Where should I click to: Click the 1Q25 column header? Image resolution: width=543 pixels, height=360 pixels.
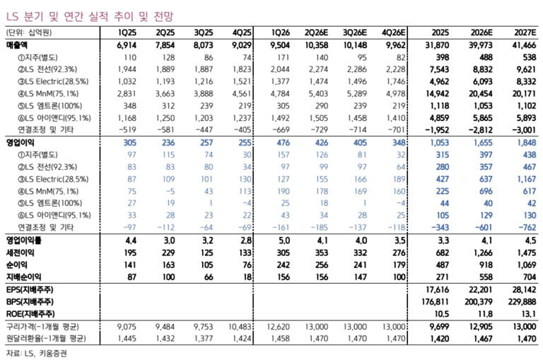tap(127, 33)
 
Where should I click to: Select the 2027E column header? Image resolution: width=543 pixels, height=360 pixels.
tap(525, 33)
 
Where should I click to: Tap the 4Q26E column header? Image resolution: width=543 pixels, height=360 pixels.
tap(393, 33)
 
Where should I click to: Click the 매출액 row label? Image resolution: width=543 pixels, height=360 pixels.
tap(17, 45)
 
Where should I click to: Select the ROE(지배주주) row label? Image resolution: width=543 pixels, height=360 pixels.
tap(30, 314)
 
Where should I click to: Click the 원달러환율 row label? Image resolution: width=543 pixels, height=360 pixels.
tap(46, 338)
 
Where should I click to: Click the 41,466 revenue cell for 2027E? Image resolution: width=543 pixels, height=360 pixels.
tap(525, 45)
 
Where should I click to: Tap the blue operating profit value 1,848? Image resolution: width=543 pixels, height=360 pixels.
tap(526, 142)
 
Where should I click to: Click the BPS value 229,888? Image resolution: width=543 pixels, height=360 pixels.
tap(522, 302)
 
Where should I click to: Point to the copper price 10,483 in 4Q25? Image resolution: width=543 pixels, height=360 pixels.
tap(240, 326)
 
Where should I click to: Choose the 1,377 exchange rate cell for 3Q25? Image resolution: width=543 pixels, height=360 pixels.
tap(204, 338)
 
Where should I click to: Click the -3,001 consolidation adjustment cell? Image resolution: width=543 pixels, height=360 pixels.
tap(525, 130)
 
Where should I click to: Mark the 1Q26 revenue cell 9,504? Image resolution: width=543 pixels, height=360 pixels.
tap(280, 45)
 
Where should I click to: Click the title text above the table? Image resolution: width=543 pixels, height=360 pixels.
tap(89, 16)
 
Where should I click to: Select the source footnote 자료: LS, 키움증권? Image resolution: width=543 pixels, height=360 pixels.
tap(37, 354)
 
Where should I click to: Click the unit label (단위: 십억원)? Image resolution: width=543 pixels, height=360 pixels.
tap(29, 33)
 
